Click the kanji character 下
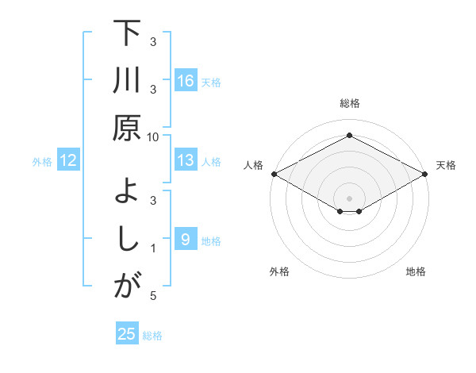point(126,35)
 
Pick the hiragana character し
point(127,239)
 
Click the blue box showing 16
point(186,81)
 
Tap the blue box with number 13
point(186,160)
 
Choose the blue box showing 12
point(68,161)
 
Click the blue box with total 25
point(127,334)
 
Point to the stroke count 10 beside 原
point(153,137)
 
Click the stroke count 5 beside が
point(153,296)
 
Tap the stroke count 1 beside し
point(154,248)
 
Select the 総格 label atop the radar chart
point(349,103)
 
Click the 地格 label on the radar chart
point(416,271)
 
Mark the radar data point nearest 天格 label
point(425,174)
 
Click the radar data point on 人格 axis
point(274,174)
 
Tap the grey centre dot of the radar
point(349,198)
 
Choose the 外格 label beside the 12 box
point(42,162)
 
